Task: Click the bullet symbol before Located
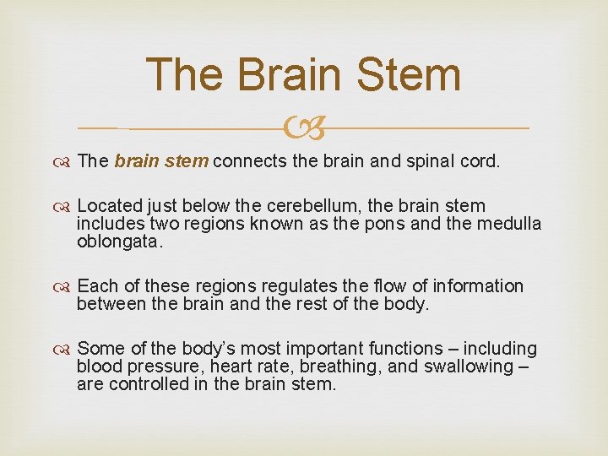click(65, 206)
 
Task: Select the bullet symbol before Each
click(65, 286)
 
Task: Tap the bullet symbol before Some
click(65, 349)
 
